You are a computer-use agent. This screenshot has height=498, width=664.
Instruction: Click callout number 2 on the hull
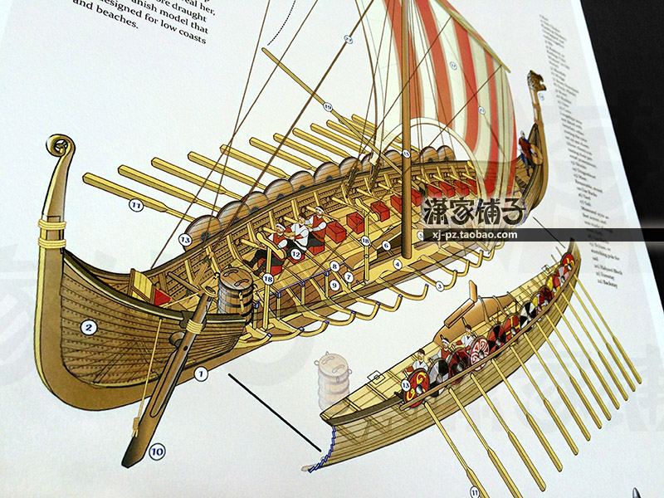tap(89, 329)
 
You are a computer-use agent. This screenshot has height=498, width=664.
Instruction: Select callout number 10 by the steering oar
tap(157, 452)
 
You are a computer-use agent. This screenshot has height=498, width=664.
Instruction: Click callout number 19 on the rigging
tap(328, 107)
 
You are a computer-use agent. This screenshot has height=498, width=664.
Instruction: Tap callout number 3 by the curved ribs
tap(439, 286)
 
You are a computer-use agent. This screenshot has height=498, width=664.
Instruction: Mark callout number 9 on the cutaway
tap(333, 286)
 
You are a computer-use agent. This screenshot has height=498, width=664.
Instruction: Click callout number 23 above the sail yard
tap(349, 39)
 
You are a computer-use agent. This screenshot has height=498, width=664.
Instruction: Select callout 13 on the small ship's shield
tap(406, 385)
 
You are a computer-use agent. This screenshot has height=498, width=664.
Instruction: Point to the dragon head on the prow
tap(538, 81)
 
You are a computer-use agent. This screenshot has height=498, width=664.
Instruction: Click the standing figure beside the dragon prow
tap(525, 148)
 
